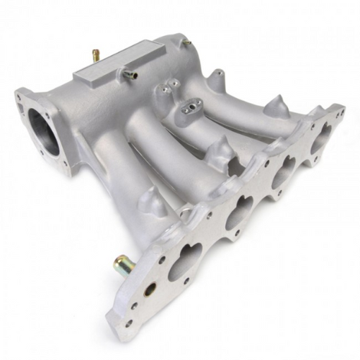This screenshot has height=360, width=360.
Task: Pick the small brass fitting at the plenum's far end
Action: pyautogui.click(x=186, y=44)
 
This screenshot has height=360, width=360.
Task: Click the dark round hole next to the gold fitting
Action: pyautogui.click(x=150, y=289)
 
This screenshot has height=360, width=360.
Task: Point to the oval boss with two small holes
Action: pyautogui.click(x=192, y=109)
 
